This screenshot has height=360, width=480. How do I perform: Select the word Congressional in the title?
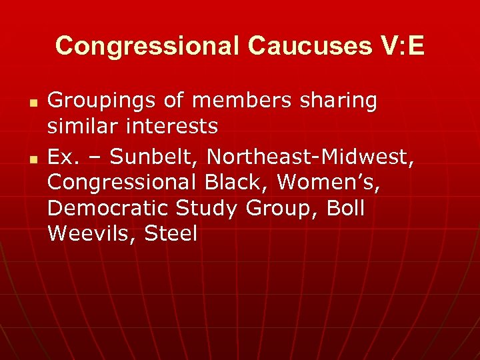[147, 46]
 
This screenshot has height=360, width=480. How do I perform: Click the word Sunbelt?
[154, 157]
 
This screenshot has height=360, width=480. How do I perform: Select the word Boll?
[345, 208]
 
